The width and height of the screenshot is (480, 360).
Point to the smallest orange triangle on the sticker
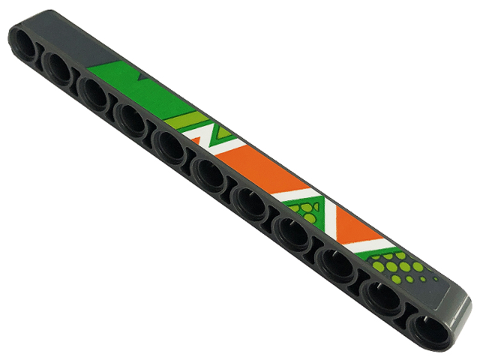click(x=200, y=142)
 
